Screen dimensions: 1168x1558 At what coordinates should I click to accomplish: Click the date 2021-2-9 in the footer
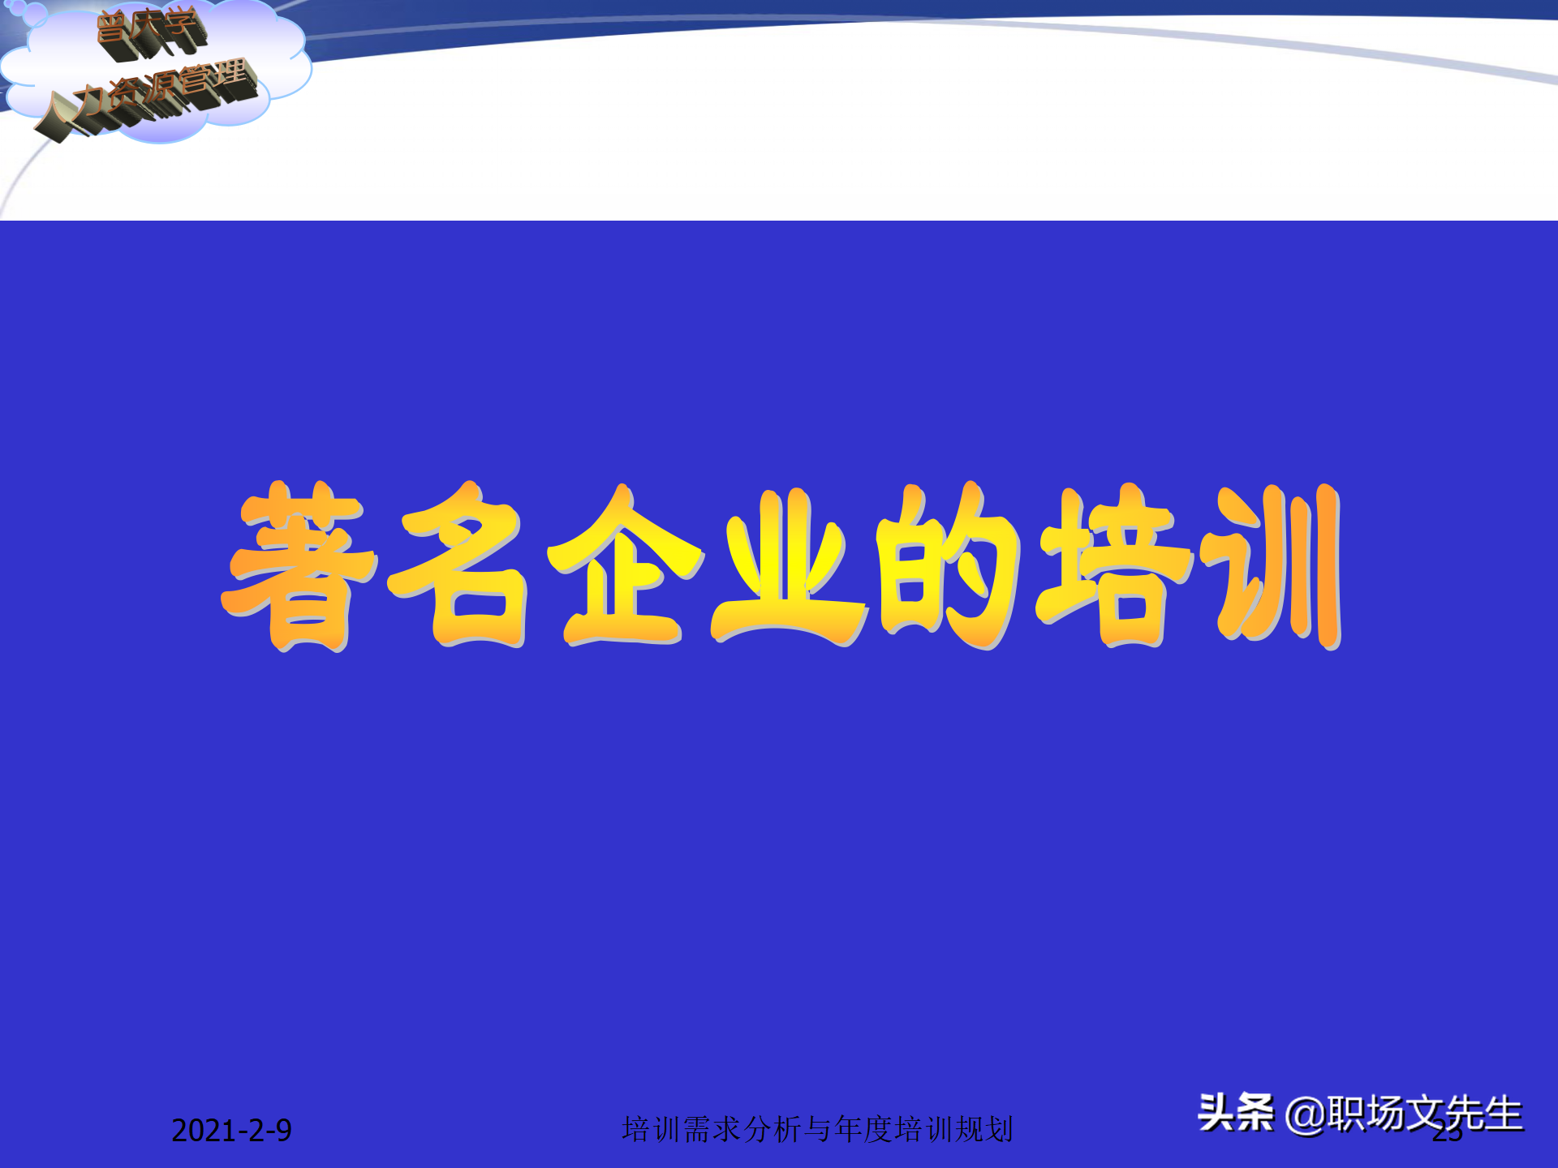click(x=231, y=1131)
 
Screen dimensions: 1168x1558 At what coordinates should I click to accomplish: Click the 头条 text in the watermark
click(x=1235, y=1113)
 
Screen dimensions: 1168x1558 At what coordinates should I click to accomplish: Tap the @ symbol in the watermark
click(x=1304, y=1114)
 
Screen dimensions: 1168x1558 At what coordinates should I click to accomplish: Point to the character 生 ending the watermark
click(x=1502, y=1113)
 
